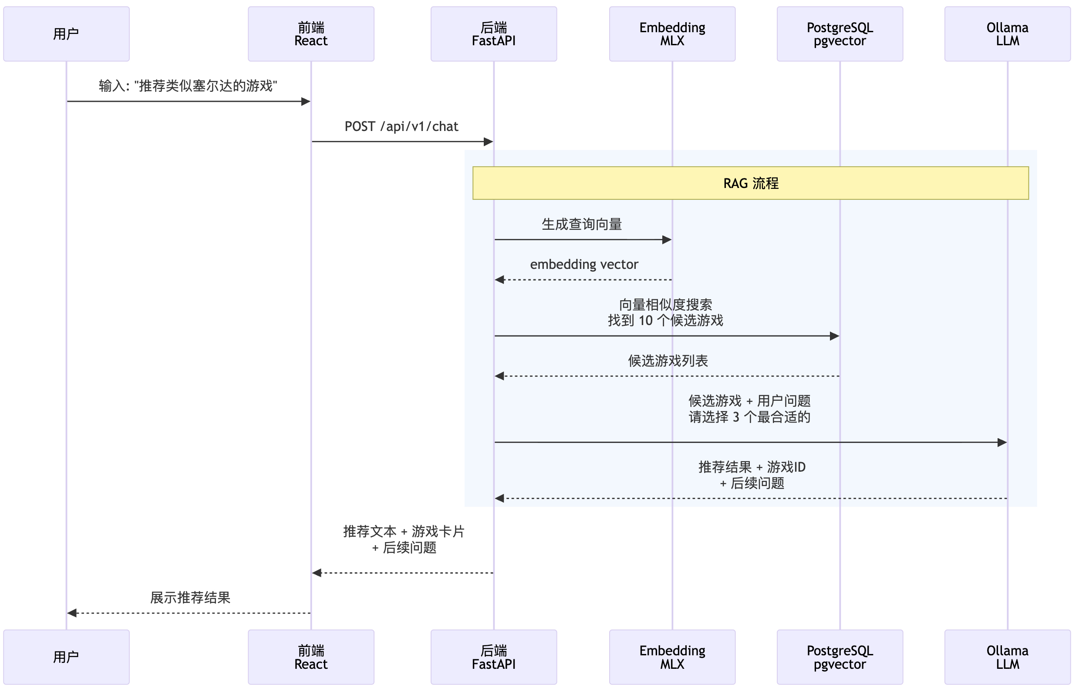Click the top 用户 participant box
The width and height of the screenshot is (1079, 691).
(x=67, y=34)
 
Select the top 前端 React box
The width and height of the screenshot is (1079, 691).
(x=311, y=34)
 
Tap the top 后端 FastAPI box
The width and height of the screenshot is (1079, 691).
(x=494, y=34)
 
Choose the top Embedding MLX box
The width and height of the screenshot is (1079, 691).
(x=673, y=34)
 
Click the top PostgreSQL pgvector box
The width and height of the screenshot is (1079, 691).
(x=840, y=34)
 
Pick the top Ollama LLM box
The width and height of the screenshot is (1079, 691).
(x=1008, y=34)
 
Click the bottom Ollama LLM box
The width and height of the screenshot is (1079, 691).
(x=1008, y=657)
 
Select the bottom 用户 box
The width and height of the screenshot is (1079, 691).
(x=67, y=657)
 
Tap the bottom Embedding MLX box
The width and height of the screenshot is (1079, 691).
(x=673, y=657)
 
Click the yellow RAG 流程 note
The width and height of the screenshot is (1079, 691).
(x=751, y=183)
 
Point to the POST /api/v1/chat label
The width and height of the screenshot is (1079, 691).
(x=401, y=127)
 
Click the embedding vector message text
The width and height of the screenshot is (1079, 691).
(x=584, y=265)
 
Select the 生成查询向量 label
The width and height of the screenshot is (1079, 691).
(x=582, y=225)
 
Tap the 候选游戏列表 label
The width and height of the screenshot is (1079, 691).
(x=668, y=361)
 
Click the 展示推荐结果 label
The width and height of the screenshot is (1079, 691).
(x=190, y=598)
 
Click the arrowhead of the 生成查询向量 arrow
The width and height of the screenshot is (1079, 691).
(x=667, y=240)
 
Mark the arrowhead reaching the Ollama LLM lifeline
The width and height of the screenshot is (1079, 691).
(x=1002, y=443)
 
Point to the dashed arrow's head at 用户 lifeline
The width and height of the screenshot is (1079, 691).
(x=72, y=614)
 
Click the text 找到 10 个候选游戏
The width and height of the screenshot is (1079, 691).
(x=666, y=321)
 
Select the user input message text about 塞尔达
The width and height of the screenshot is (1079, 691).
(x=188, y=86)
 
